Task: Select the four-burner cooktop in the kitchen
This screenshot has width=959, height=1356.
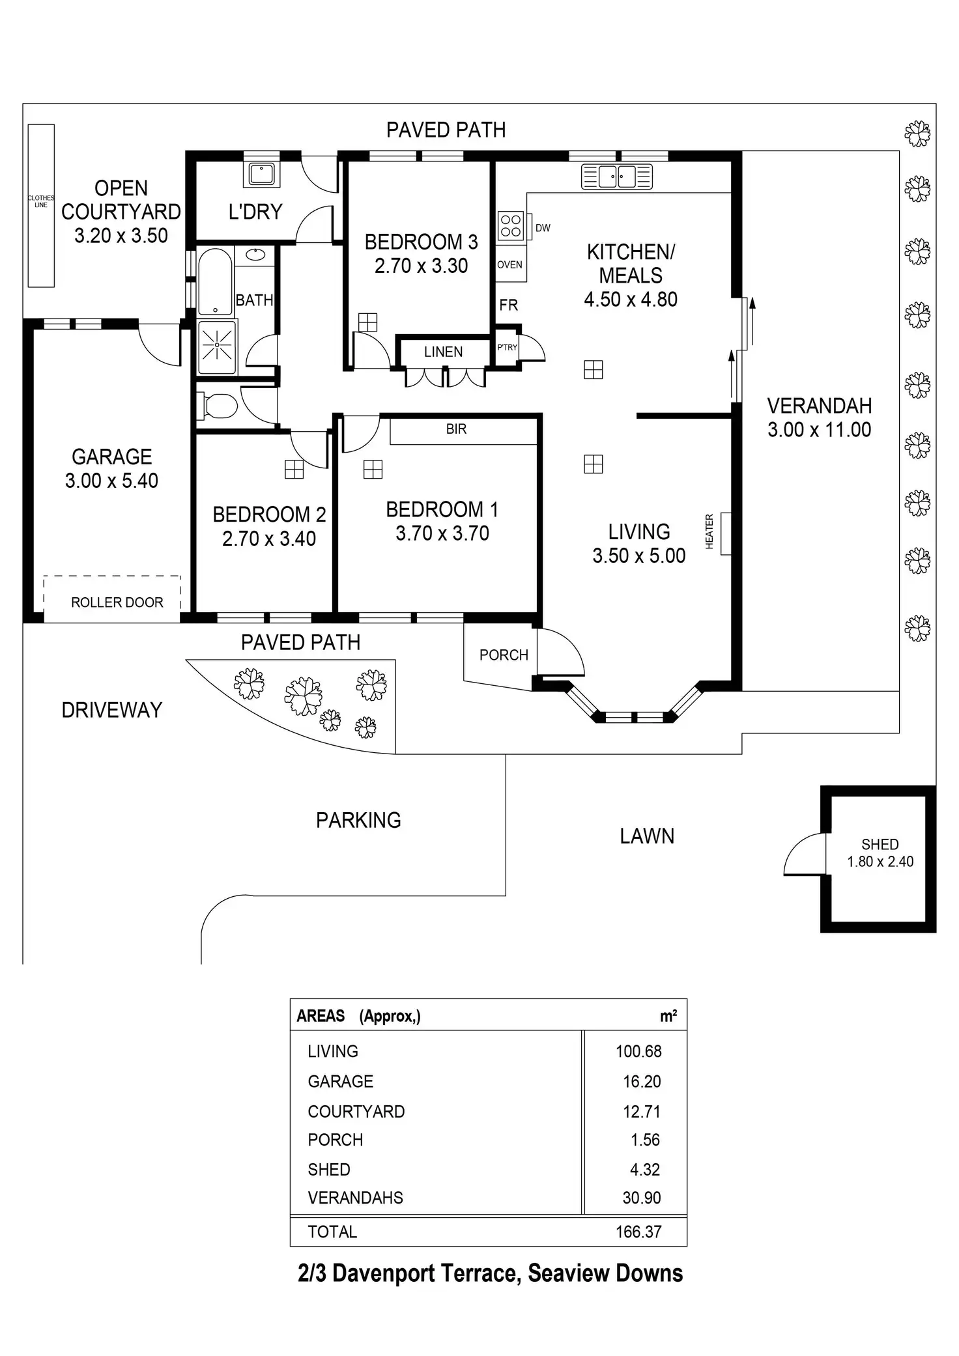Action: [511, 225]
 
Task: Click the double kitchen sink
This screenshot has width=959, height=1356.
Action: [617, 177]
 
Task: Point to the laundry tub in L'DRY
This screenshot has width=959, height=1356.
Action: [262, 174]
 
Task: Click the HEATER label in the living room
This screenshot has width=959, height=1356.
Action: [709, 531]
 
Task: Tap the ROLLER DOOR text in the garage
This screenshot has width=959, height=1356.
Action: [117, 602]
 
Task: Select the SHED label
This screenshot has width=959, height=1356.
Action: [880, 844]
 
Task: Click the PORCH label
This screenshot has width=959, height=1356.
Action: [504, 655]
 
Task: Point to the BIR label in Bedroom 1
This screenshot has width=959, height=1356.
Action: [456, 429]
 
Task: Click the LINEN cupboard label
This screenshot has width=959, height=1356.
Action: [443, 352]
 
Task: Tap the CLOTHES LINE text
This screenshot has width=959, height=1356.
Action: [41, 201]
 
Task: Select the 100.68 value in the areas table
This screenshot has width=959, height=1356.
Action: [638, 1051]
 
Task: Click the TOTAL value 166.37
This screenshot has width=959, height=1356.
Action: [638, 1232]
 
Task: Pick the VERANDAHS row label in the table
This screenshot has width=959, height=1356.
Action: [356, 1198]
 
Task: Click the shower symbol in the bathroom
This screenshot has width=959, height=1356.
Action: [216, 346]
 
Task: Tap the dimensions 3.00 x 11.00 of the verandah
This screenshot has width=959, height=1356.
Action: [819, 430]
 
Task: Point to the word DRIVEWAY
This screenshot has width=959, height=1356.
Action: [112, 710]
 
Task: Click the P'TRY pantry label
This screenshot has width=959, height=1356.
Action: [508, 347]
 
